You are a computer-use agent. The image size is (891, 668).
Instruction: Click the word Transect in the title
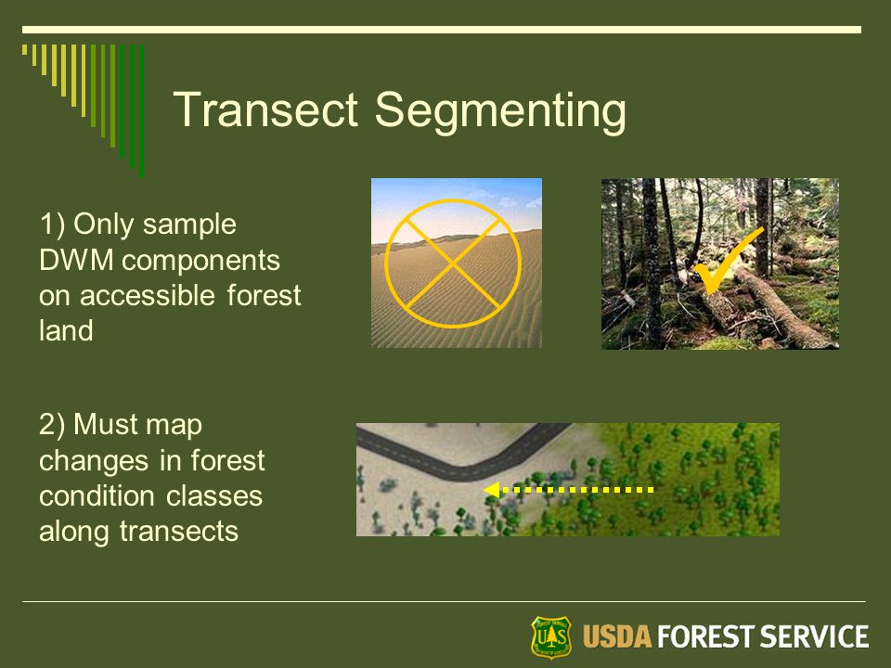coord(266,109)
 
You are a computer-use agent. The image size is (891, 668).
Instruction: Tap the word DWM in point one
coord(76,260)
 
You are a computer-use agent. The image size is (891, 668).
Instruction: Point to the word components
coord(200,262)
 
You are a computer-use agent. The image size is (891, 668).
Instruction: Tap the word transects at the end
coord(178,532)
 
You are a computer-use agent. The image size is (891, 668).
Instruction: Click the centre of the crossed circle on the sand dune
coord(453,263)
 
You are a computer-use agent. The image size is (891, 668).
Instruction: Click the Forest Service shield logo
coord(550,636)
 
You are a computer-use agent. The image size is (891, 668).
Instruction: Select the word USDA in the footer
coord(616,636)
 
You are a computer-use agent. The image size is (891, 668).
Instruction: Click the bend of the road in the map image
coord(466,471)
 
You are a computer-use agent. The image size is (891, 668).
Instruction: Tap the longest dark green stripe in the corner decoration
coord(141,111)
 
